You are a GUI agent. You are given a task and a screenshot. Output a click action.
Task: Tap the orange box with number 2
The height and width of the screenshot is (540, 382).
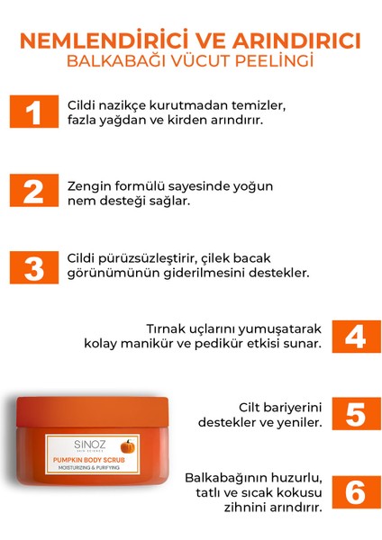coord(34,192)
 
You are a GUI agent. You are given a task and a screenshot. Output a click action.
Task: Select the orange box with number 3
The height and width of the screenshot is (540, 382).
coord(34,268)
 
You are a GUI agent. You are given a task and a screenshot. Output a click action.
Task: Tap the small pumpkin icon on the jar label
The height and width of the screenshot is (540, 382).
coord(127,445)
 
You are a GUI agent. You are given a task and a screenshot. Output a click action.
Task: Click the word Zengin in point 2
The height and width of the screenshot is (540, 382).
coord(89,185)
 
